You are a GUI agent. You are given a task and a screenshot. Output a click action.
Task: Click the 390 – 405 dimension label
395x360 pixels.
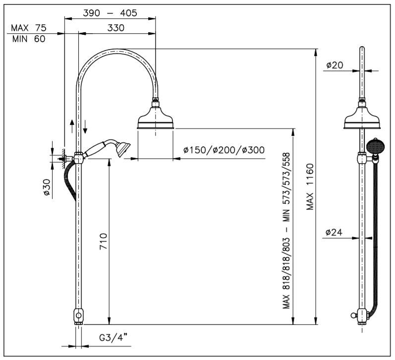[x=110, y=13]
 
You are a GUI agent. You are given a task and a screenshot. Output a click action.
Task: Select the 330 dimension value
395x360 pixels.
[x=116, y=28]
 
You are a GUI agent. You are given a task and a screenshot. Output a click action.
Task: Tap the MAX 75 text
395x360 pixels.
[x=28, y=28]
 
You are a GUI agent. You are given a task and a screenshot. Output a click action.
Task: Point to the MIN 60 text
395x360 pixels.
[x=29, y=39]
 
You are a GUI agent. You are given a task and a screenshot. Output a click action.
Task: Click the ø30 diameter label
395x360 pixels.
[x=47, y=187]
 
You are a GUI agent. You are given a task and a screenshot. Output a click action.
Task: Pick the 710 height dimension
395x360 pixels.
[x=104, y=241]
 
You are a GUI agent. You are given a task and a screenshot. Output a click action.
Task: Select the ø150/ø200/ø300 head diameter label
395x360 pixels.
[x=224, y=150]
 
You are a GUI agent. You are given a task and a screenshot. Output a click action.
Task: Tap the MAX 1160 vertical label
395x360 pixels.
[x=310, y=187]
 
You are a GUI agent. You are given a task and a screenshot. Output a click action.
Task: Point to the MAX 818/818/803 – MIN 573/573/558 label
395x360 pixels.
[x=286, y=231]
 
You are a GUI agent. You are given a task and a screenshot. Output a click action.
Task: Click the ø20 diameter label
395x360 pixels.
[x=335, y=65]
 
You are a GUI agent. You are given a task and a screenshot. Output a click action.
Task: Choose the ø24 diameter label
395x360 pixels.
[x=334, y=232]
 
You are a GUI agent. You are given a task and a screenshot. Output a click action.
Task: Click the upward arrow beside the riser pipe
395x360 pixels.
[x=72, y=126]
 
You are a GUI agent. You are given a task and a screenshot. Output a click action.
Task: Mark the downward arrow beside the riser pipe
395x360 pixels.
[x=85, y=126]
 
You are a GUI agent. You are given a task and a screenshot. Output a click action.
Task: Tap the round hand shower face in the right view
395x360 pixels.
[x=375, y=146]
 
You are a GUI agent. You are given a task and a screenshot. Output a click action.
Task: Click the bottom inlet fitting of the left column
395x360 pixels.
[x=79, y=316]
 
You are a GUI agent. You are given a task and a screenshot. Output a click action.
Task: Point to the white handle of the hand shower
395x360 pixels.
[x=95, y=150]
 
